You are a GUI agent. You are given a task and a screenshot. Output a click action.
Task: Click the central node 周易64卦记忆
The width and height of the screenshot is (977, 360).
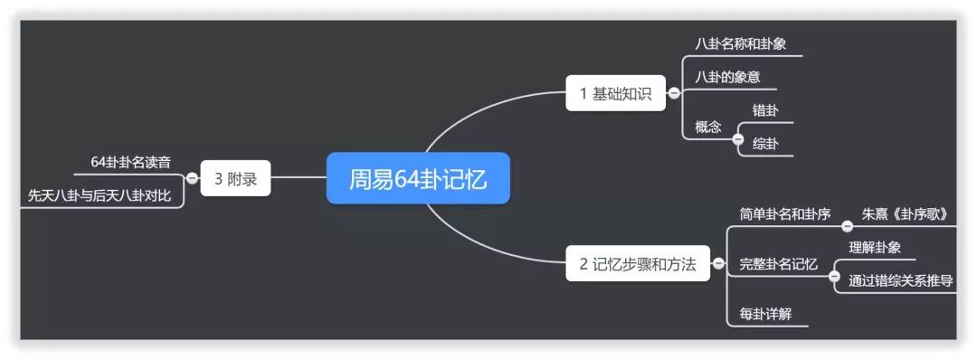(418, 179)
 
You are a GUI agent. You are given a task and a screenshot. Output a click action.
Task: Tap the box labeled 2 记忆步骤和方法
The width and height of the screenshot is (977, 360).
(638, 264)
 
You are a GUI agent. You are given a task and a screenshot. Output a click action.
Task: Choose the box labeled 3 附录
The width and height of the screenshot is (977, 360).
(235, 178)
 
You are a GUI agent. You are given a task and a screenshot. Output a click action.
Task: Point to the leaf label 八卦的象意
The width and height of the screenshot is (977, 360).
(727, 77)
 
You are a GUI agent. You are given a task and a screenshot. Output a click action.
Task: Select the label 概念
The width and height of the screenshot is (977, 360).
(708, 127)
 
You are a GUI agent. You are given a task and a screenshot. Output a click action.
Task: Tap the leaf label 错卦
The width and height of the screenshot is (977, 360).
(765, 110)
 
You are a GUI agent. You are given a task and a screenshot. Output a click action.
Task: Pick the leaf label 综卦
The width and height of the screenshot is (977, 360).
(765, 144)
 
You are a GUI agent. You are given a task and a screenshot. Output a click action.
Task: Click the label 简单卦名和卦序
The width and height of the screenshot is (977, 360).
(784, 214)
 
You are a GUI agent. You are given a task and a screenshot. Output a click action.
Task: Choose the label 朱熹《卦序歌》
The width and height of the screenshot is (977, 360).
(905, 214)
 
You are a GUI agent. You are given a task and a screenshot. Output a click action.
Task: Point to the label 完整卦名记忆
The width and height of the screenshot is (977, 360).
(778, 264)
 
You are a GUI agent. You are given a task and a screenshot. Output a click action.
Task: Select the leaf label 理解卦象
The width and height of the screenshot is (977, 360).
(875, 247)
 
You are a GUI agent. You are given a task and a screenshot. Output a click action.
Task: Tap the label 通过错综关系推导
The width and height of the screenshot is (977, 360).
(900, 280)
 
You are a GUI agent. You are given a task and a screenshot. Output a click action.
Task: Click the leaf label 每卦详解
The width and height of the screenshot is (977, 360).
(765, 314)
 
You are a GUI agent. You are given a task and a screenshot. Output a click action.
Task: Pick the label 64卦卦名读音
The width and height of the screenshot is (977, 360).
(131, 161)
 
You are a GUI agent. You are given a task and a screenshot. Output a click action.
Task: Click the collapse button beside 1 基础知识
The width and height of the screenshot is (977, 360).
(674, 93)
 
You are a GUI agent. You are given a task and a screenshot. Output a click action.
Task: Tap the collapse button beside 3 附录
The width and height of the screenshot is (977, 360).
(192, 178)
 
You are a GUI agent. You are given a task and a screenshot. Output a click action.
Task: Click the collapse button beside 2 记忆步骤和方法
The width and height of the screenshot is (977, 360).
(718, 264)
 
